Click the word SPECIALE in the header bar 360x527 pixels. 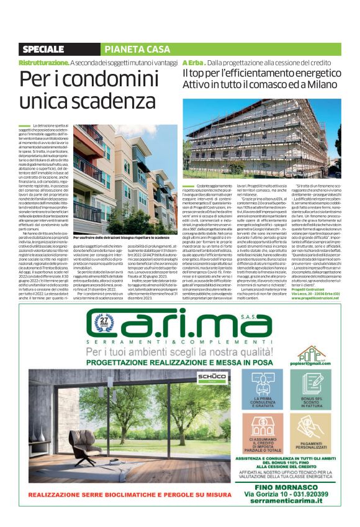(x=43, y=49)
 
